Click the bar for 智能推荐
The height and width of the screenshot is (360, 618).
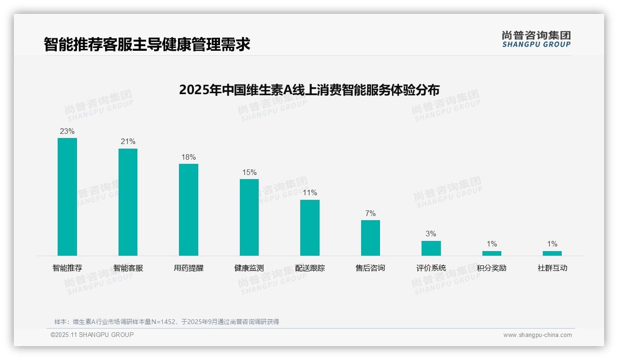(x=67, y=197)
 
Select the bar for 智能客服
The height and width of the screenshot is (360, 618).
(x=128, y=202)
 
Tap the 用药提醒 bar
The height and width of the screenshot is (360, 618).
(x=189, y=210)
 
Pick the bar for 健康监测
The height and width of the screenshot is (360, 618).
(x=249, y=217)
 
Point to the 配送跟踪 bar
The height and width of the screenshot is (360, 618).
(x=310, y=228)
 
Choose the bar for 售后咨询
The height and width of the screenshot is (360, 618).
(x=370, y=238)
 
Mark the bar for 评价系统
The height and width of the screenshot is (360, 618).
(x=431, y=248)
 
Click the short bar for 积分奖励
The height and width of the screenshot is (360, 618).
(x=492, y=253)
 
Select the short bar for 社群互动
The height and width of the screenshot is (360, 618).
(x=552, y=253)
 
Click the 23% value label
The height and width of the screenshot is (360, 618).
(x=67, y=131)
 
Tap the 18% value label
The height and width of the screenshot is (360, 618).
(x=189, y=157)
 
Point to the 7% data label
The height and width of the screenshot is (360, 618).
(x=370, y=213)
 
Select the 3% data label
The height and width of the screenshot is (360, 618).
(x=431, y=234)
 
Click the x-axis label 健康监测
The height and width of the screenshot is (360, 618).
(x=249, y=268)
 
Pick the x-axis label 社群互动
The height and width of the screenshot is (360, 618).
(x=552, y=268)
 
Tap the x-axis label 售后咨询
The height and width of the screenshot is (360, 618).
(x=370, y=268)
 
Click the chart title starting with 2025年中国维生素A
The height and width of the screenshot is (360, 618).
(x=309, y=90)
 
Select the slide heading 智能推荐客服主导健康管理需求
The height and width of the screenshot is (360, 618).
(x=147, y=44)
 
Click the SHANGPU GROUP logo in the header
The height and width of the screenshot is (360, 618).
(x=536, y=39)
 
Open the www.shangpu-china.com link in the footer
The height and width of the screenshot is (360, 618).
(x=537, y=335)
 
